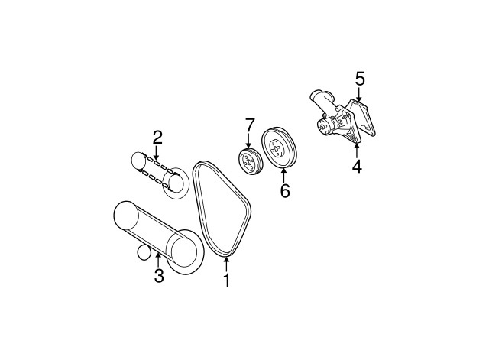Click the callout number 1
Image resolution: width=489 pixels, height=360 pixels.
tap(226, 281)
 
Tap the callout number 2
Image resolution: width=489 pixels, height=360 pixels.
tap(157, 138)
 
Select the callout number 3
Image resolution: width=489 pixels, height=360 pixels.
tap(159, 276)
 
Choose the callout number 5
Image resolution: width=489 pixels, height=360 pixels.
tap(360, 78)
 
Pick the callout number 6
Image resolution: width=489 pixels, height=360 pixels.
tap(284, 190)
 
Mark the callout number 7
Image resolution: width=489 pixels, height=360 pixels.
tap(249, 125)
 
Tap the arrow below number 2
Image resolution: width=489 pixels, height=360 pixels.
tap(157, 154)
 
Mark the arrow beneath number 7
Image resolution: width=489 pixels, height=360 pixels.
tap(249, 142)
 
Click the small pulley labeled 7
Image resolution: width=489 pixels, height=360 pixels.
tap(248, 162)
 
